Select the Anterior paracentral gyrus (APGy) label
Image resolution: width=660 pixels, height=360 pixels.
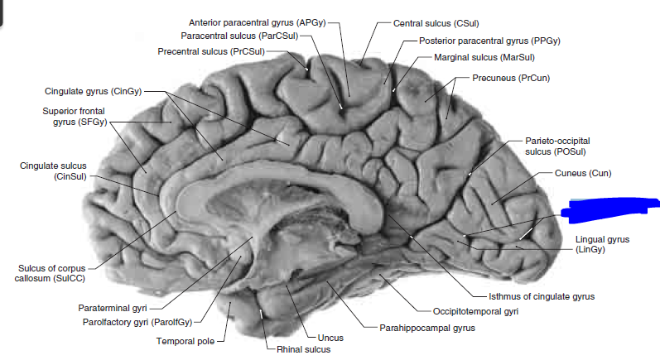pos(263,22)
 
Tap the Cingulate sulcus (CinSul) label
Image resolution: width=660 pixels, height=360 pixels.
pos(53,170)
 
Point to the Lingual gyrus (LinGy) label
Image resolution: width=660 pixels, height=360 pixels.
pos(602,243)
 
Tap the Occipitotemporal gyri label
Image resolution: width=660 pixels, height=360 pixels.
pos(475,311)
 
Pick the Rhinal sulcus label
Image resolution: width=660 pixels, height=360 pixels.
pos(303,350)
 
